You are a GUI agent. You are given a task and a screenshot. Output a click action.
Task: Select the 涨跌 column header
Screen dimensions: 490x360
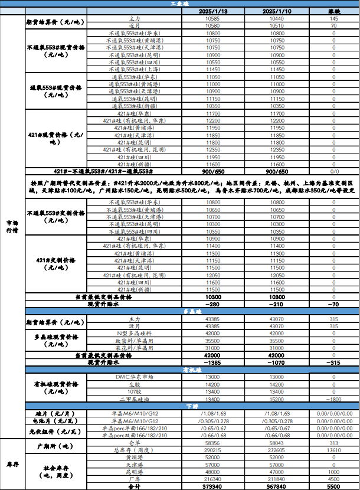(x=333, y=12)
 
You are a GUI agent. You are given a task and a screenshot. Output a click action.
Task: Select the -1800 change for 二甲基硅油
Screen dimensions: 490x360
(x=333, y=400)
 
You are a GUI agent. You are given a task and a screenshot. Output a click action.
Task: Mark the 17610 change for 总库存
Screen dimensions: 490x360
(x=333, y=450)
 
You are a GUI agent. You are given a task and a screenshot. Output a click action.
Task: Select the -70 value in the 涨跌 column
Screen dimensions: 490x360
(x=333, y=304)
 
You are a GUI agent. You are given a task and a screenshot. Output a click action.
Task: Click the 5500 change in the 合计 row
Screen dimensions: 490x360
(x=333, y=486)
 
